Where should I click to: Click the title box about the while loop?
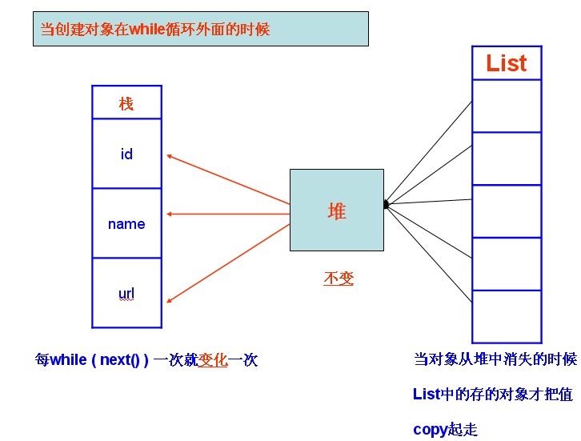pyautogui.click(x=200, y=29)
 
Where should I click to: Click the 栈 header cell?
pyautogui.click(x=126, y=103)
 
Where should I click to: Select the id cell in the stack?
pyautogui.click(x=126, y=154)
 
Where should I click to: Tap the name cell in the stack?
pyautogui.click(x=126, y=224)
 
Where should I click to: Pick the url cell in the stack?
pyautogui.click(x=126, y=294)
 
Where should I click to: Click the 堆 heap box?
pyautogui.click(x=336, y=210)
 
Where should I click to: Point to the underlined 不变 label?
pyautogui.click(x=339, y=279)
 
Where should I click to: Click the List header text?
pyautogui.click(x=507, y=63)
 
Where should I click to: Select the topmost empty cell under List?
pyautogui.click(x=507, y=106)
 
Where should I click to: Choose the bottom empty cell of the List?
pyautogui.click(x=507, y=316)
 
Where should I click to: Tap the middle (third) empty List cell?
pyautogui.click(x=507, y=211)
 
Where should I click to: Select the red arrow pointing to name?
pyautogui.click(x=228, y=214)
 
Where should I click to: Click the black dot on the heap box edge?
pyautogui.click(x=386, y=205)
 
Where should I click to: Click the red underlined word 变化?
pyautogui.click(x=213, y=360)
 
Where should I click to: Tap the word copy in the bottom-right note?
pyautogui.click(x=430, y=430)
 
